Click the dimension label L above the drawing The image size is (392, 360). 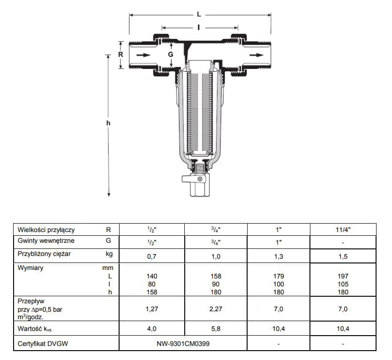[x=199, y=14]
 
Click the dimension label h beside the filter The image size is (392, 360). [x=108, y=123]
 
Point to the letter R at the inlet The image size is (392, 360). [x=121, y=54]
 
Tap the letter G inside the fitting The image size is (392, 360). [x=171, y=54]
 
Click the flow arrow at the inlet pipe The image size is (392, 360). [x=143, y=55]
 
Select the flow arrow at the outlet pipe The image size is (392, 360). [x=256, y=55]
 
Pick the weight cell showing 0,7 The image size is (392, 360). [x=152, y=256]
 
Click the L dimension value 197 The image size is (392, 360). [x=343, y=276]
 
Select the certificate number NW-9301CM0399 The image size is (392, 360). [x=183, y=344]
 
